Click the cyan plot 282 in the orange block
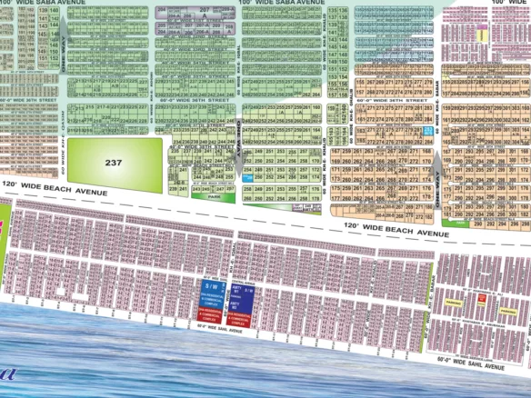(x=428, y=132)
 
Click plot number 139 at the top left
(x=43, y=11)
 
